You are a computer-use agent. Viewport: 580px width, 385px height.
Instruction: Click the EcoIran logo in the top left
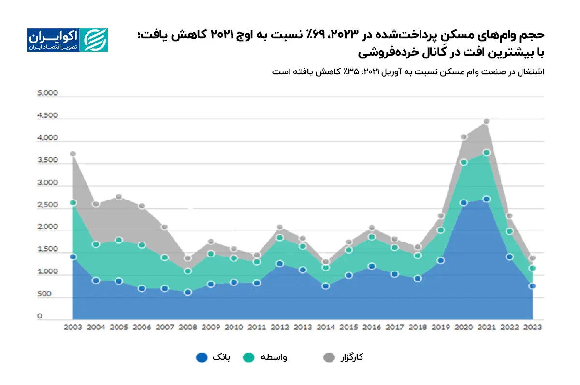point(67,40)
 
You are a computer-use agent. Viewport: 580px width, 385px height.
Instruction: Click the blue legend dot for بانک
point(202,357)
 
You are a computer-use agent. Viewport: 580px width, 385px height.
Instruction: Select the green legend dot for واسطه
point(249,357)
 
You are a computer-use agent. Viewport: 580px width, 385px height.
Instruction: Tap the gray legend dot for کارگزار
point(329,357)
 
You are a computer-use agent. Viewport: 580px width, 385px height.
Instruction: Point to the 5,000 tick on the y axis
point(47,94)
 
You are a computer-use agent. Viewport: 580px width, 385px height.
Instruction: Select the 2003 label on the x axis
point(73,327)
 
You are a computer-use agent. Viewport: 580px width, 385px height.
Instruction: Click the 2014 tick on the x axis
point(326,327)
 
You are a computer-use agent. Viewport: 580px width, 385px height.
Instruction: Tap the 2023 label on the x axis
point(532,327)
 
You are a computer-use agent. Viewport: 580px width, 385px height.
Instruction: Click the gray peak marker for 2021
point(486,121)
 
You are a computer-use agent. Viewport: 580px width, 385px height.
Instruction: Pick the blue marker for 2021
point(486,199)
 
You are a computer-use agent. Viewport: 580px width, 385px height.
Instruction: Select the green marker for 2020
point(464,162)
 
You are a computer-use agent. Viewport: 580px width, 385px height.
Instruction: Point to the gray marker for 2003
point(73,154)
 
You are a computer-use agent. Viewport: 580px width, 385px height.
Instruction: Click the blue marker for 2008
point(188,292)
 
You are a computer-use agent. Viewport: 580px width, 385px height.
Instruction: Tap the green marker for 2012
point(280,237)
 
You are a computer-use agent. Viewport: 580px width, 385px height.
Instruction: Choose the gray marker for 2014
point(326,262)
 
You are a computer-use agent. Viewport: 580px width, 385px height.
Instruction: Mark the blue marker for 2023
point(532,286)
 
